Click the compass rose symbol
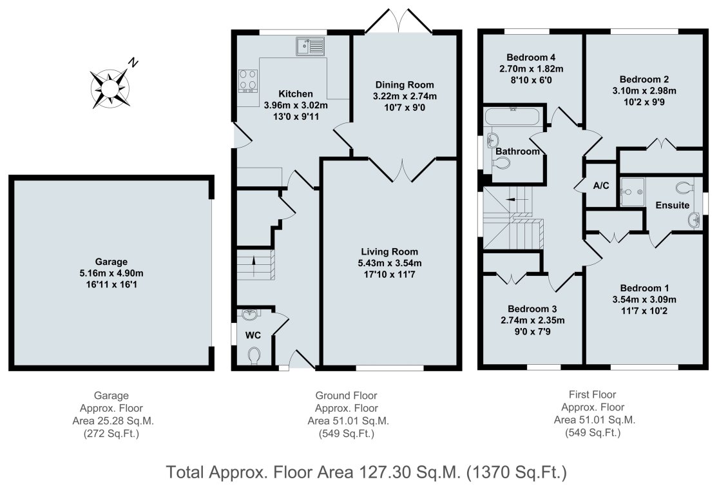[110, 88]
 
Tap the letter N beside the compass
[133, 63]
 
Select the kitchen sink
[310, 46]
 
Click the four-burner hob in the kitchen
[248, 81]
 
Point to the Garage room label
[111, 262]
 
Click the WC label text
[253, 335]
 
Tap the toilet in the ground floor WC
[254, 356]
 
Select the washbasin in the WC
[251, 315]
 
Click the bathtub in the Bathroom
[513, 117]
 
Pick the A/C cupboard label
[601, 186]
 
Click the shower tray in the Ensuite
[633, 192]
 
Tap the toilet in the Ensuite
[685, 187]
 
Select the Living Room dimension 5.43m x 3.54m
[389, 264]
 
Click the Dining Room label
[405, 85]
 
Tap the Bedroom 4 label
[531, 57]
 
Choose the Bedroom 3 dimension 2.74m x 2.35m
[532, 320]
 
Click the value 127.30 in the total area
[384, 472]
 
